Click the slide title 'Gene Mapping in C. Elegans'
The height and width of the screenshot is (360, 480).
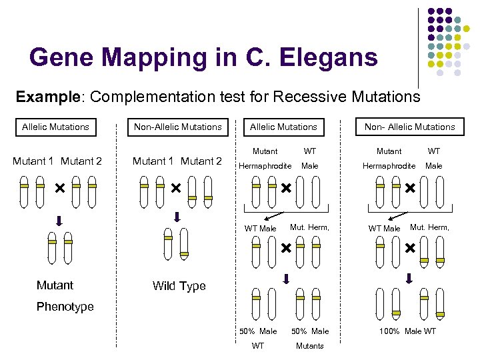coord(203,57)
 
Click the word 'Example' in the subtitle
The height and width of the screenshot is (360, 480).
coord(47,97)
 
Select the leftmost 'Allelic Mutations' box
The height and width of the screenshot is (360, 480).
coord(55,127)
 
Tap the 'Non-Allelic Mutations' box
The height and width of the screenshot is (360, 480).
coord(177,127)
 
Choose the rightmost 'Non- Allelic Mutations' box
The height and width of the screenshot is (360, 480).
coord(409,127)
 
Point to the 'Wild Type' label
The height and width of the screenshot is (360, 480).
coord(179,286)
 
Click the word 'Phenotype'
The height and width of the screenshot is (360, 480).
coord(65,307)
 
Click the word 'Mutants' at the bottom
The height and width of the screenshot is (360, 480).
coord(309,345)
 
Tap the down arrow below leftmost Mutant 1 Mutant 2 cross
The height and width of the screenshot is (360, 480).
coord(58,221)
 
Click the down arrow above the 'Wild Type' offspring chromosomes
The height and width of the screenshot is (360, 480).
coord(177,216)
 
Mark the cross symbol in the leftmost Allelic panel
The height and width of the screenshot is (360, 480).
coord(59,189)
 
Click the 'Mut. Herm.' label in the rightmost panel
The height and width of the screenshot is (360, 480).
coord(429,227)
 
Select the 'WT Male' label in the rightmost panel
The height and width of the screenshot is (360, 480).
coord(384,229)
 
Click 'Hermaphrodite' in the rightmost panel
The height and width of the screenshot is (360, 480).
coord(389,165)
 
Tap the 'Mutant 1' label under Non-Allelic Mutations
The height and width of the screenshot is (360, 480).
coord(154,161)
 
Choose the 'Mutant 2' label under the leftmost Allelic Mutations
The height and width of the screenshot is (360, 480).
coord(81,161)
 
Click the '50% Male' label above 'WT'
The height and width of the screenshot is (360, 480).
coord(258,331)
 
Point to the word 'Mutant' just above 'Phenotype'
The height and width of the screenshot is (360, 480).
coord(55,285)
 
